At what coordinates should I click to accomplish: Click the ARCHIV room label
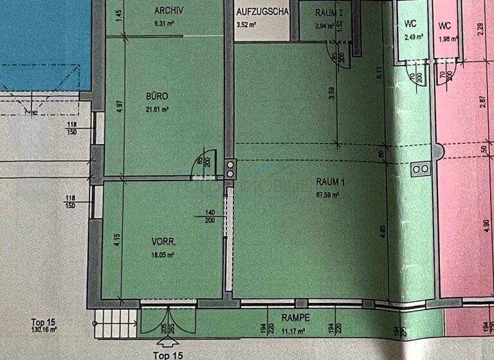coord(170,10)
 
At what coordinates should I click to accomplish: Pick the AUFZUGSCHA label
coord(263,12)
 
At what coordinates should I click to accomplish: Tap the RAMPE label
coord(297,318)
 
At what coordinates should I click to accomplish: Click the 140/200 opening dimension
coord(209,216)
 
